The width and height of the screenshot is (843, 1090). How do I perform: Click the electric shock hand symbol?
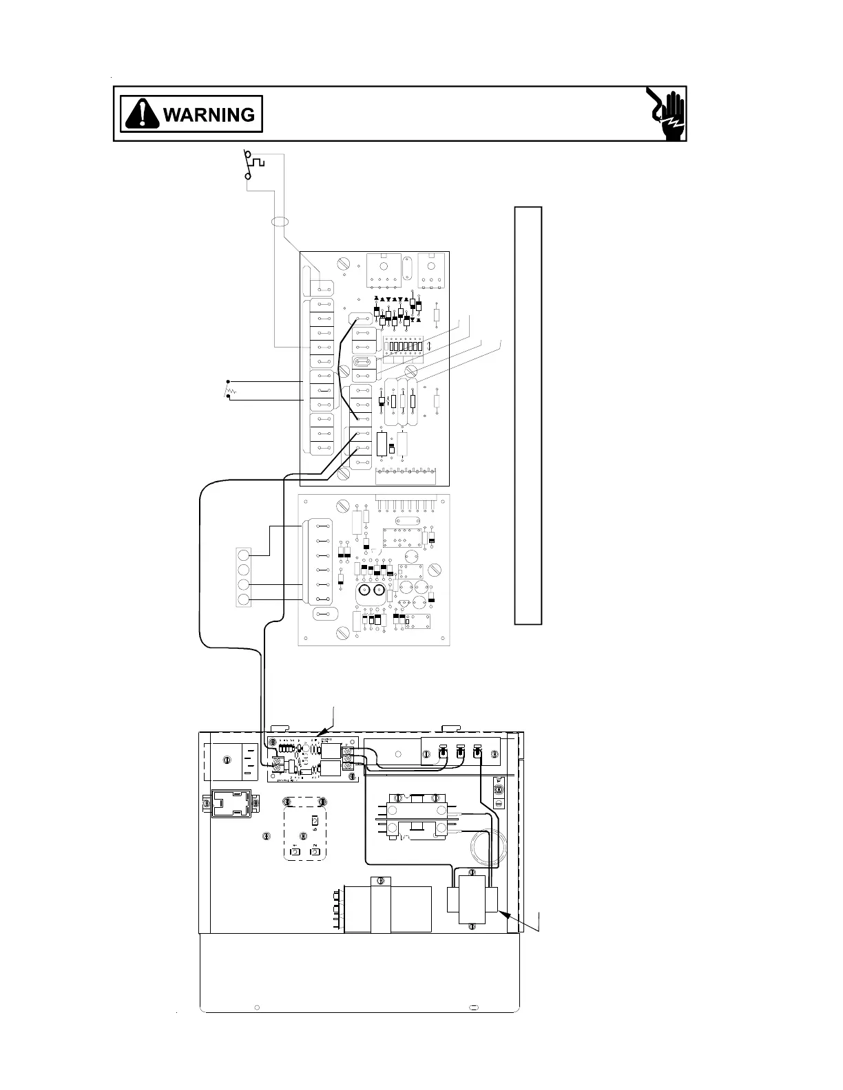click(667, 114)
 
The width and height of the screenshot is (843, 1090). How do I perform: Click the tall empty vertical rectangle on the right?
click(528, 415)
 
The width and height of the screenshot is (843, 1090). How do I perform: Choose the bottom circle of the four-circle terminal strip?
click(243, 600)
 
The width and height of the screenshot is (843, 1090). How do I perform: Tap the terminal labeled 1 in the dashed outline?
click(294, 852)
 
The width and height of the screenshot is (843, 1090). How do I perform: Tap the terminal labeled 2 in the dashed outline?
click(315, 852)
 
